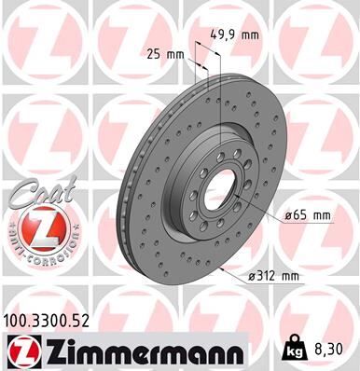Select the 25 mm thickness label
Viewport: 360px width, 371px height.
click(163, 53)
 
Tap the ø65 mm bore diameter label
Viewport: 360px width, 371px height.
click(306, 215)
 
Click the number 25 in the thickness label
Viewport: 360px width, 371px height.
click(154, 53)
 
